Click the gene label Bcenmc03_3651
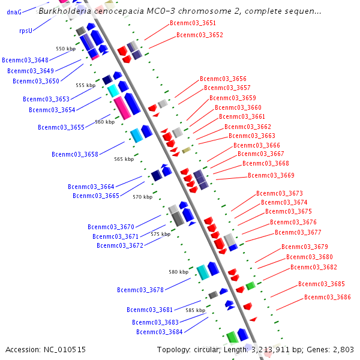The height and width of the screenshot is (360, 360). (193, 23)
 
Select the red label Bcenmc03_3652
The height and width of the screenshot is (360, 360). (199, 35)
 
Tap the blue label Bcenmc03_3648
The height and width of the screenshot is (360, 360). (25, 60)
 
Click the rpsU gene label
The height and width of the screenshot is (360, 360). (26, 30)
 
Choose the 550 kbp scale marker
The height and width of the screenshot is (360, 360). (65, 49)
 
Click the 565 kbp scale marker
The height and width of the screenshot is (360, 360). (124, 159)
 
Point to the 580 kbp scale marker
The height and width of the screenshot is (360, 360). (178, 272)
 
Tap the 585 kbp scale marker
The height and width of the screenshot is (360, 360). (195, 310)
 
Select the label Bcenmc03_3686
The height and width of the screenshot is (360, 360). (327, 297)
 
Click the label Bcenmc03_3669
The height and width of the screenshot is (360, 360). (271, 175)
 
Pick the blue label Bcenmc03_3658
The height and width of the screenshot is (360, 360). (75, 154)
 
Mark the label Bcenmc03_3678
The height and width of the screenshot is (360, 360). (140, 290)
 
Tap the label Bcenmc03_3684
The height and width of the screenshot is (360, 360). (159, 332)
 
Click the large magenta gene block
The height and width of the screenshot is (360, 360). (122, 107)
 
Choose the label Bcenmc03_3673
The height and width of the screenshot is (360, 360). (279, 193)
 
